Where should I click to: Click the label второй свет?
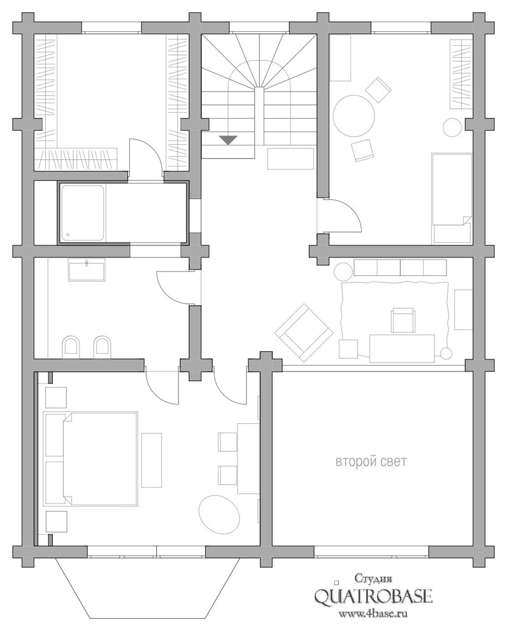[371, 462]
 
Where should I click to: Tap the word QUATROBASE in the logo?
[373, 596]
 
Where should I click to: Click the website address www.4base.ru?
[373, 614]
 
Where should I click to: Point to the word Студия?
[373, 579]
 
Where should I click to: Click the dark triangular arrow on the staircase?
[227, 140]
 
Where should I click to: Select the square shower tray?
[82, 213]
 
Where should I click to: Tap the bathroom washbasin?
[87, 270]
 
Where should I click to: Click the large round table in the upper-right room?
[355, 115]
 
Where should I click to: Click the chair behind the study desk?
[403, 319]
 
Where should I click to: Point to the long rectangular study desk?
[403, 348]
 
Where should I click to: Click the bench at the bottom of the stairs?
[290, 158]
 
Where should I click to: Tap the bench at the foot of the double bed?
[152, 460]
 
